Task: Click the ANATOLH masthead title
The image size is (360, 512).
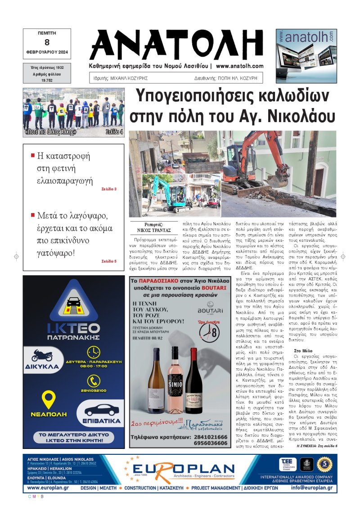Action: tap(177, 43)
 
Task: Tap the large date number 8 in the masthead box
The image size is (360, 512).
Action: tap(47, 42)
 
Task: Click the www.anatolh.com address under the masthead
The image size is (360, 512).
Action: tap(239, 66)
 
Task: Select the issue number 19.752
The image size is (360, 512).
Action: tap(47, 80)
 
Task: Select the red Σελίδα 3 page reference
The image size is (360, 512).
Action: tap(109, 189)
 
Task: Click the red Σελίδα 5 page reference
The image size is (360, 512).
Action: tap(109, 261)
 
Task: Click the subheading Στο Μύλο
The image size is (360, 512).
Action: tap(304, 350)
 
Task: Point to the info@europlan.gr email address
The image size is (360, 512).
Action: tap(311, 488)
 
